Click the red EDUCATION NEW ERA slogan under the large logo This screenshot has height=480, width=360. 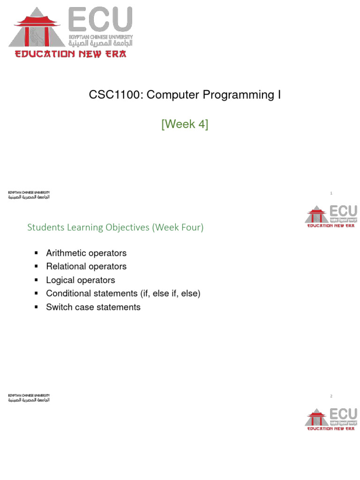70,54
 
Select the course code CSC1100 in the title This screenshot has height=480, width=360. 115,95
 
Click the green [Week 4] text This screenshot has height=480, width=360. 185,125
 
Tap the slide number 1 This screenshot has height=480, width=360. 331,193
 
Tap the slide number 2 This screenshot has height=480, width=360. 331,396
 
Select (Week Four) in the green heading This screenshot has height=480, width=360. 179,227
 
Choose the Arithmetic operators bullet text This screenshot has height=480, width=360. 86,253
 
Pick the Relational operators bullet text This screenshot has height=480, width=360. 86,266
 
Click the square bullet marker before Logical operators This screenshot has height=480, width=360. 36,280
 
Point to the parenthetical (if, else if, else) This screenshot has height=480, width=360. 170,293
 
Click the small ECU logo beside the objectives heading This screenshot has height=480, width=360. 331,216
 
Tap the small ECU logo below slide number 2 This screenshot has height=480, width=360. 331,419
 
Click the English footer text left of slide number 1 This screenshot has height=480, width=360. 29,193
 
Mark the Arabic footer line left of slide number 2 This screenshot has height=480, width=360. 29,400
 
